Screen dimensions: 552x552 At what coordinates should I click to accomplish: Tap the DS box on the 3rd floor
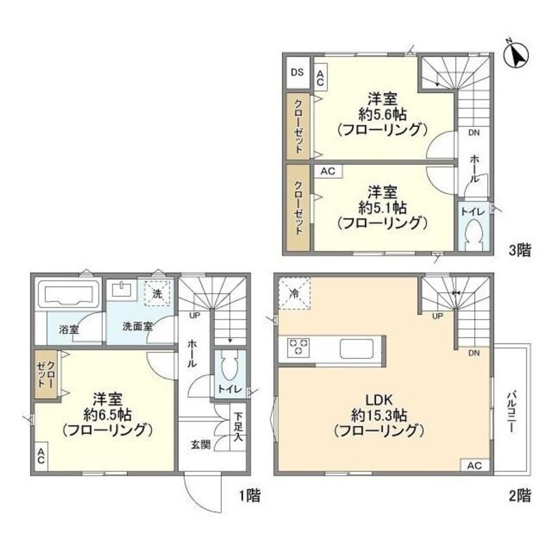(297, 72)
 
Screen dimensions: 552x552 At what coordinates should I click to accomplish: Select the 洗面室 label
(137, 326)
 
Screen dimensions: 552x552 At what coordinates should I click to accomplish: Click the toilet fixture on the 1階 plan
(229, 365)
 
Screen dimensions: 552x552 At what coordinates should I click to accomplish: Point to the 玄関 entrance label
(201, 444)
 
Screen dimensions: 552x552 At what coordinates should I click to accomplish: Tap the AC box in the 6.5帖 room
(41, 456)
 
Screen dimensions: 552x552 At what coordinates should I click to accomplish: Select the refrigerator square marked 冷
(294, 292)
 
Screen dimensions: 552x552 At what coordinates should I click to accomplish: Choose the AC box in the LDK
(474, 466)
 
